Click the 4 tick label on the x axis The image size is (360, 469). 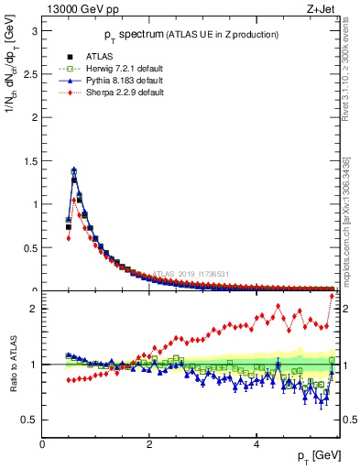[x=256, y=444]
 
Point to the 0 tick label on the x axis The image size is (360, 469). [x=43, y=444]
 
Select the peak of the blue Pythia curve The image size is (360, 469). [x=73, y=169]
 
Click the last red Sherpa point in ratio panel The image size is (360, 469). [x=332, y=295]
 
